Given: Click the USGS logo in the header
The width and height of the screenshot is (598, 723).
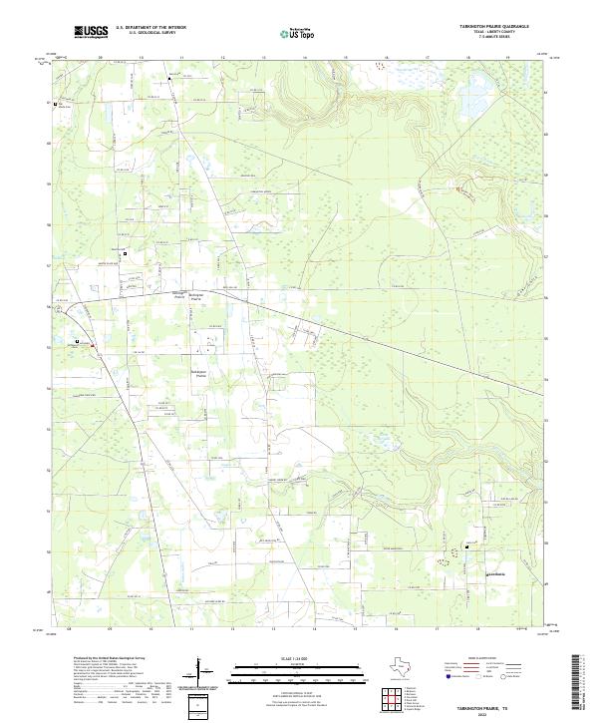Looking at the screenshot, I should (x=91, y=32).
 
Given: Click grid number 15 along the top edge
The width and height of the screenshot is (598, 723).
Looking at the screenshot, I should (x=344, y=58).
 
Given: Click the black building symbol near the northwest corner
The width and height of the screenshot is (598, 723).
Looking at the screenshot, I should (x=57, y=104).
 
